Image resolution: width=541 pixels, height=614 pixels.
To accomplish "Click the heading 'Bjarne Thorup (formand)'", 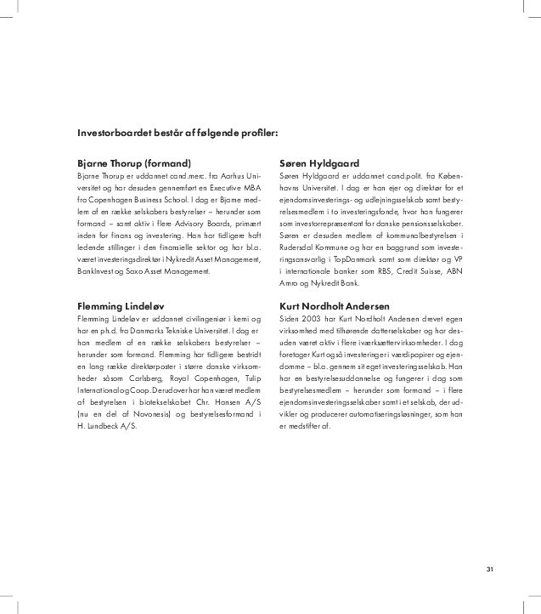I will coord(133,162).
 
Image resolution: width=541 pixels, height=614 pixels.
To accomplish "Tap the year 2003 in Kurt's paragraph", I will coord(311,318).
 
